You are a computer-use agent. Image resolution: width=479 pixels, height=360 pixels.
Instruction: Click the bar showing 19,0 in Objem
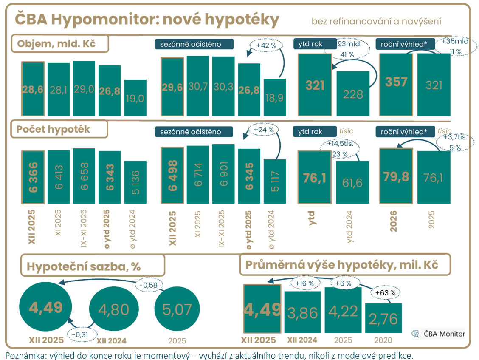click(x=135, y=98)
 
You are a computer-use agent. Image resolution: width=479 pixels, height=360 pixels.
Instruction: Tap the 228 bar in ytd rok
click(x=353, y=93)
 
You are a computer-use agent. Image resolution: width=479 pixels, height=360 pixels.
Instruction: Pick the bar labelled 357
click(x=396, y=84)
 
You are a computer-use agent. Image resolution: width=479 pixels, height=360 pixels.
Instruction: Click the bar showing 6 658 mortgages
click(x=84, y=176)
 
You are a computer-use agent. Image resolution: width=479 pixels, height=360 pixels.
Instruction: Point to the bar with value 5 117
click(x=275, y=181)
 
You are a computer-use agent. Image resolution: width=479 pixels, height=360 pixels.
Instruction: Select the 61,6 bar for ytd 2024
click(x=352, y=182)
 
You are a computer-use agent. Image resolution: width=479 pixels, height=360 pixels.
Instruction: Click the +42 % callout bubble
click(x=266, y=45)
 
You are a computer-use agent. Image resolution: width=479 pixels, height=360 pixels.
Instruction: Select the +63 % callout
click(x=385, y=293)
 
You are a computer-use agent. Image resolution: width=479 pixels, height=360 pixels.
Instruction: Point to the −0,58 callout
click(x=149, y=284)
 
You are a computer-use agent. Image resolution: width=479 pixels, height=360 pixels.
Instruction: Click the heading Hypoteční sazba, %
click(x=84, y=266)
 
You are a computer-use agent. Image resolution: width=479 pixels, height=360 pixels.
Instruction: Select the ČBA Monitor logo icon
click(x=415, y=334)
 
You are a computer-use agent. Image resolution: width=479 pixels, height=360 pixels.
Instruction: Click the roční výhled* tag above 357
click(x=406, y=44)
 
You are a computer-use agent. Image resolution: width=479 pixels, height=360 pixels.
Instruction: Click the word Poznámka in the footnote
click(x=23, y=355)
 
